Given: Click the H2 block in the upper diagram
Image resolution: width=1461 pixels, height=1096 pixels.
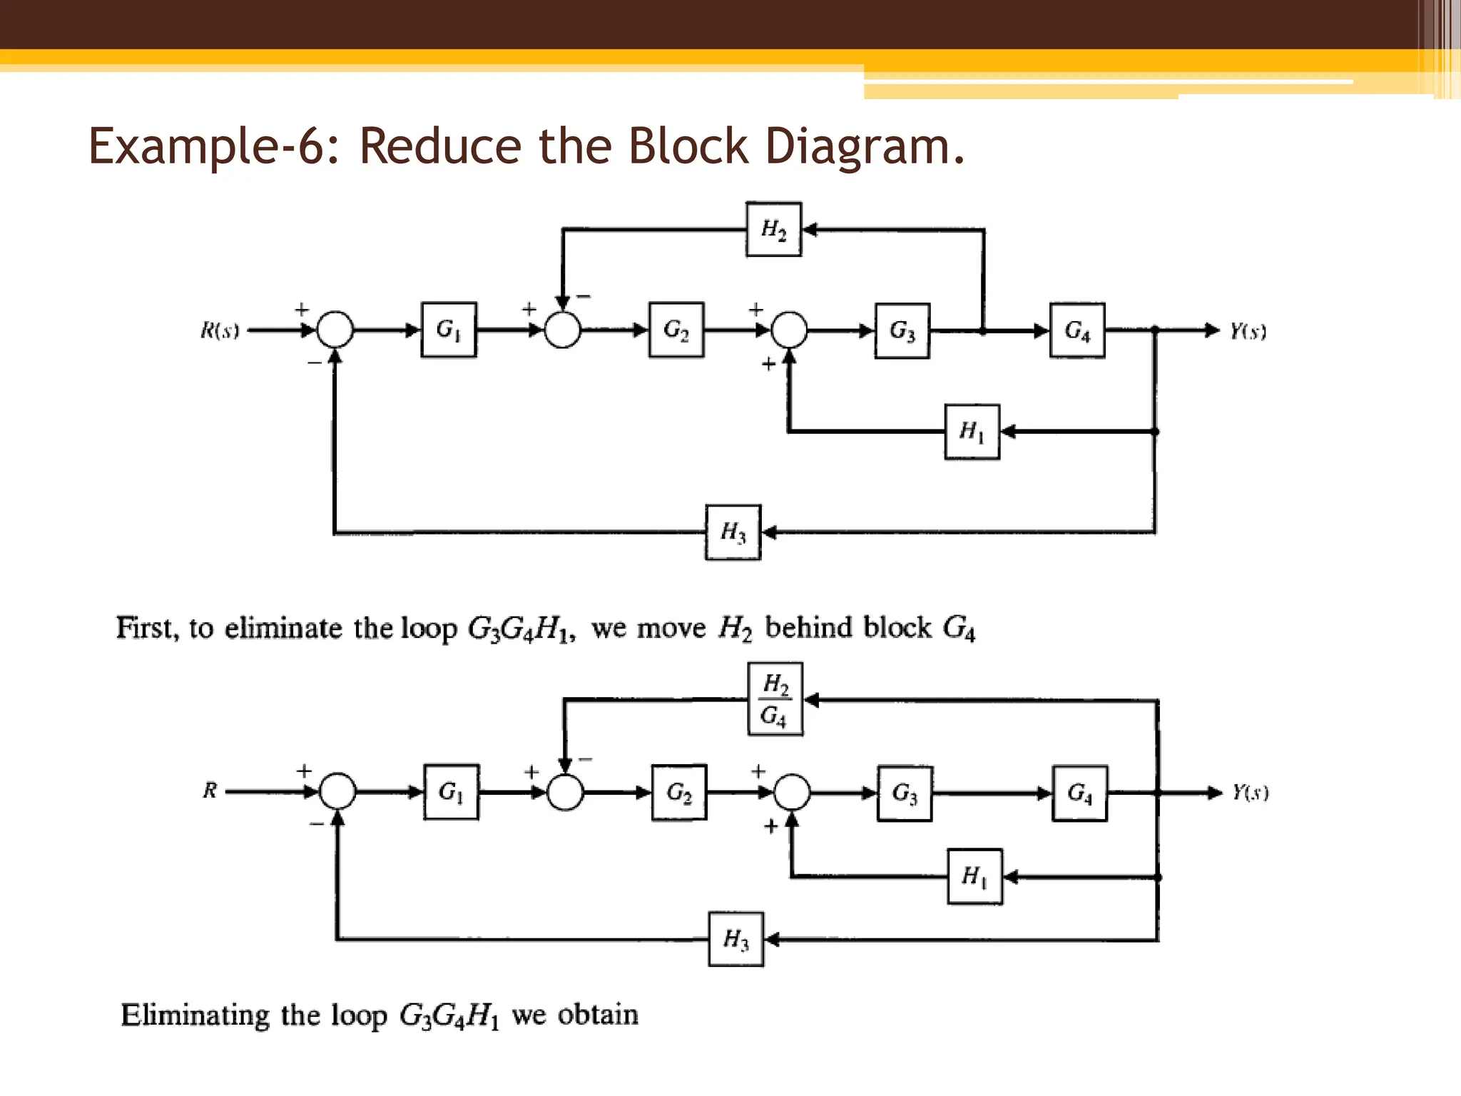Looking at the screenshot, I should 773,230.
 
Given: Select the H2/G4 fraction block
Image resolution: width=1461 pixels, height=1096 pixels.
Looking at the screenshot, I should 775,699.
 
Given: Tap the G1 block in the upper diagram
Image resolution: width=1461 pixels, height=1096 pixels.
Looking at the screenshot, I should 449,330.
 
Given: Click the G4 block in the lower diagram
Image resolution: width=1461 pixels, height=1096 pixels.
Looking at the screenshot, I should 1080,793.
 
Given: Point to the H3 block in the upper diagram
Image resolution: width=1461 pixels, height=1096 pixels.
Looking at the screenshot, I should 733,532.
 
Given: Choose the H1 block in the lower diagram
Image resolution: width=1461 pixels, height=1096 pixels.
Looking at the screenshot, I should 974,876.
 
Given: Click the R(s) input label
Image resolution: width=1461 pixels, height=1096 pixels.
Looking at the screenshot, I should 220,330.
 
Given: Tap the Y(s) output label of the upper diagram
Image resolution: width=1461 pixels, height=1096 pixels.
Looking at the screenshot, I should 1248,331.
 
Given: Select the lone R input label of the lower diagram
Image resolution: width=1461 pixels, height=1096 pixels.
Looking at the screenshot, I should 210,791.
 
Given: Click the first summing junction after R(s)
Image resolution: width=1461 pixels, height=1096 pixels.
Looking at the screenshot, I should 335,330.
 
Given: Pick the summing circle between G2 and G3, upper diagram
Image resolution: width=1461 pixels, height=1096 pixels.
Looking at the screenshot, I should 789,330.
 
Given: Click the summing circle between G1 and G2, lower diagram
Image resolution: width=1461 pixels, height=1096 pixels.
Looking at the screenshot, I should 565,792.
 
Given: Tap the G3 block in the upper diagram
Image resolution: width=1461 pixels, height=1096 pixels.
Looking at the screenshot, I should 902,330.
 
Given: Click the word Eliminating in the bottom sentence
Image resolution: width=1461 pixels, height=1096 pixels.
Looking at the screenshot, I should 195,1015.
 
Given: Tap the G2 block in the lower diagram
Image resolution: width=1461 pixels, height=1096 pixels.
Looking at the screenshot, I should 679,793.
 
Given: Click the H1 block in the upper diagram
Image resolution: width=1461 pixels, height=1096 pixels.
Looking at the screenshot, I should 972,432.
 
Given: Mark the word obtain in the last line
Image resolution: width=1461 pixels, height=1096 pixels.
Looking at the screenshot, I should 598,1015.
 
